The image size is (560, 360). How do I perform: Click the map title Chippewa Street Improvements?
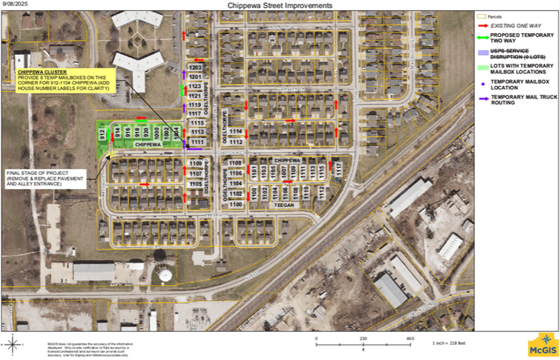[279, 5]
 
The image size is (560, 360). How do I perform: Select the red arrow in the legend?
[482, 26]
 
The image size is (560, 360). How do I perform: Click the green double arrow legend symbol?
[482, 36]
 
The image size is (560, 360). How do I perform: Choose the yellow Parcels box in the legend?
[482, 17]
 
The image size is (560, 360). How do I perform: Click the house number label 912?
[102, 134]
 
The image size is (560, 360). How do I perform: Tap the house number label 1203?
[195, 68]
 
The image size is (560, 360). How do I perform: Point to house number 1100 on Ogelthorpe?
[236, 205]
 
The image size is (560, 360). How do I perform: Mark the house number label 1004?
[176, 132]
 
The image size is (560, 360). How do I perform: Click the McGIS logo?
[542, 345]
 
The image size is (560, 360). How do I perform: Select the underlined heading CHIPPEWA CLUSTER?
[34, 72]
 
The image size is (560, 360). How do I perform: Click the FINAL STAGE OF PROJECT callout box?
[45, 178]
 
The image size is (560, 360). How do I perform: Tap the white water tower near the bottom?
[166, 274]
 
